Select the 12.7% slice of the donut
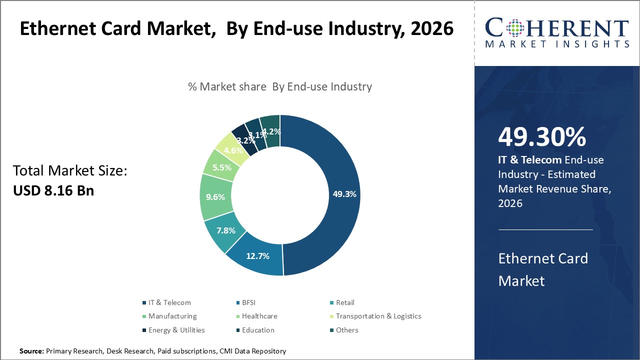pos(257,256)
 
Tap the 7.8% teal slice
pos(226,230)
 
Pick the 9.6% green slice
pos(215,197)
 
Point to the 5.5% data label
pos(221,168)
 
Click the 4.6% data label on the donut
pos(233,150)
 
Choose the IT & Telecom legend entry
pos(169,302)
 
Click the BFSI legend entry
pos(248,302)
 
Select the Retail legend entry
pos(344,302)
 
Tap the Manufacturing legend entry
pos(172,316)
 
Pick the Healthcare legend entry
pos(259,316)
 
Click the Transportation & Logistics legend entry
pos(378,316)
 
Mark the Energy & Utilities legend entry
pos(176,330)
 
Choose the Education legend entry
pos(257,330)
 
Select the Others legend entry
pos(346,330)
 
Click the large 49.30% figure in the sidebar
pos(542,137)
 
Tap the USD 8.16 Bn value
pos(53,190)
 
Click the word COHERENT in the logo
pos(557,28)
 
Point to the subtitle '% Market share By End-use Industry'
pos(280,86)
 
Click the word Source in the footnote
pos(31,351)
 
